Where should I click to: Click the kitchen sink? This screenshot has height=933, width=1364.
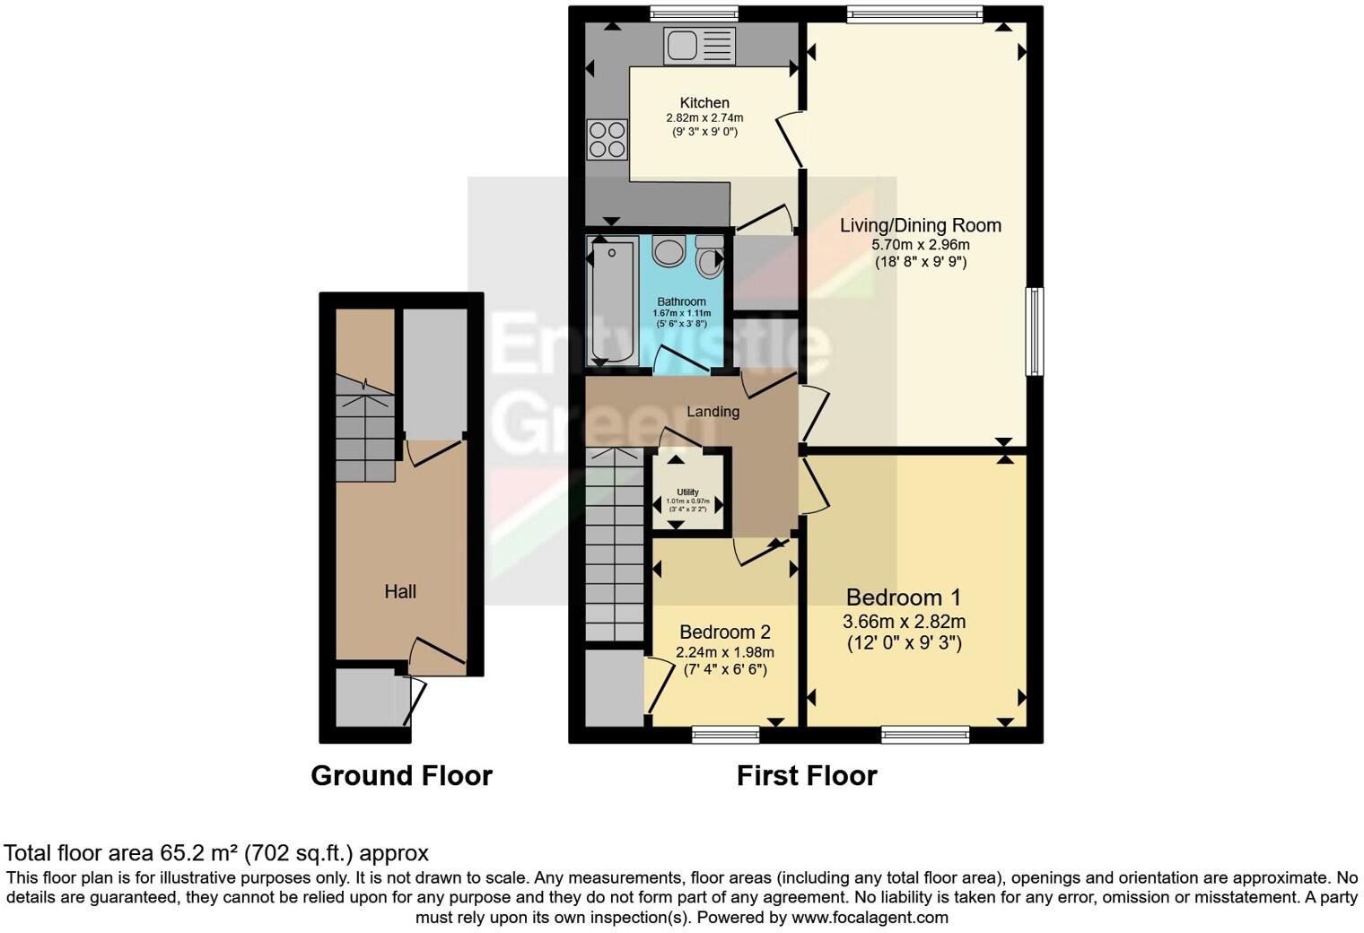tap(699, 46)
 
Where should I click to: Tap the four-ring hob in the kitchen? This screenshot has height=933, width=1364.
tap(607, 139)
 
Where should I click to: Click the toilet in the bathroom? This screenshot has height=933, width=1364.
tap(711, 257)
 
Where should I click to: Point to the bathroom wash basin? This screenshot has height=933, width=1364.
tap(669, 251)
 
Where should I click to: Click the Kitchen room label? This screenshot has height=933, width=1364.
tap(704, 103)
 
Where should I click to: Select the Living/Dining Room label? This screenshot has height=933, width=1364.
tap(920, 225)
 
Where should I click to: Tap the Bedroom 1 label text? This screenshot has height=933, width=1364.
tap(904, 597)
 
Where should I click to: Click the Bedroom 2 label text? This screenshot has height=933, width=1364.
tap(724, 632)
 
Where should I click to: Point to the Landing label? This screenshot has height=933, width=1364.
tap(713, 412)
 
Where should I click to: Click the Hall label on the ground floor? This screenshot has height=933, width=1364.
tap(400, 591)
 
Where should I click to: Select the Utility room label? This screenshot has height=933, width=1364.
tap(687, 493)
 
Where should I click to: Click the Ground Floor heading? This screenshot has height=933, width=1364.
tap(401, 775)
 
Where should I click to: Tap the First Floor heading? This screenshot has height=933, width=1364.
tap(806, 775)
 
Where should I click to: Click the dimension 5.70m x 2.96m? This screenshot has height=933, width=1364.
tap(920, 244)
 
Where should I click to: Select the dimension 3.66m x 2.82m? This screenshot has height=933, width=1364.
tap(904, 622)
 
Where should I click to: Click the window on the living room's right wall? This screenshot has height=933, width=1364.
tap(1035, 331)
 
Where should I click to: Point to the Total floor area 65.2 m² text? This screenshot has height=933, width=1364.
tap(216, 852)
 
